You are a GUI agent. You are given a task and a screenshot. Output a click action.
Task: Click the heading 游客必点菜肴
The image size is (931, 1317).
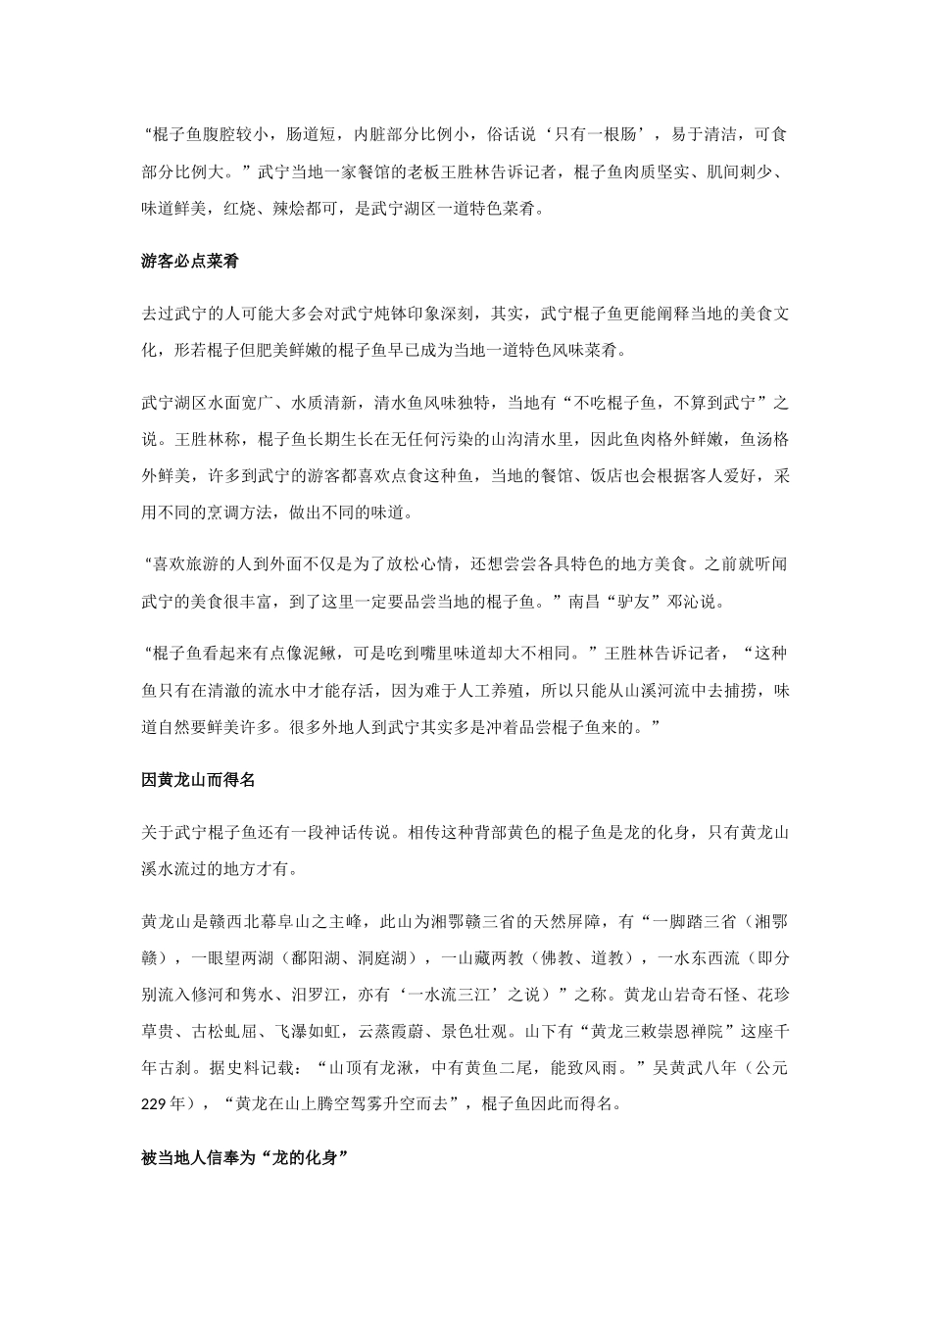click(191, 262)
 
